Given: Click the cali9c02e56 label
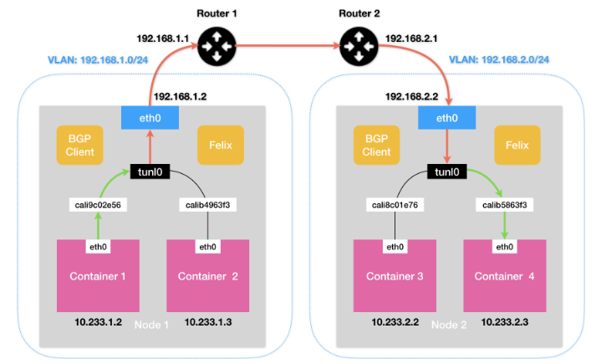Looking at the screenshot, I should (x=97, y=204).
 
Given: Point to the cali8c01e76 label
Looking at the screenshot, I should (x=394, y=204).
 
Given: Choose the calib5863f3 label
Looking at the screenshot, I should (x=503, y=204).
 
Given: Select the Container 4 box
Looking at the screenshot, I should (x=504, y=277).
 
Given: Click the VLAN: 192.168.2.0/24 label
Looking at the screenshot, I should (x=497, y=60).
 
